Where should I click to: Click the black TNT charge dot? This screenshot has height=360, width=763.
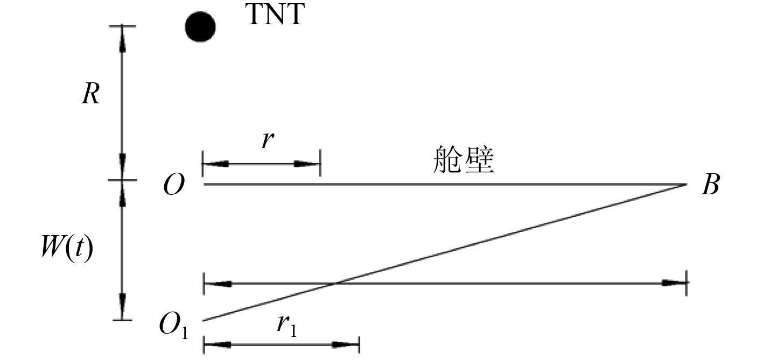[x=200, y=27]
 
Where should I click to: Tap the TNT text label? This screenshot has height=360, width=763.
[x=275, y=16]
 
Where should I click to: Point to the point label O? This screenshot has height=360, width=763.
[x=173, y=186]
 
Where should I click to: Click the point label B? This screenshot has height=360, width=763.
[x=709, y=186]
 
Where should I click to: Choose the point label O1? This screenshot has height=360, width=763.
[x=173, y=325]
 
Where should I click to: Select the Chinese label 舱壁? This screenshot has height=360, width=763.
[x=464, y=160]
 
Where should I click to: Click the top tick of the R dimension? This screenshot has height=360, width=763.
[x=121, y=25]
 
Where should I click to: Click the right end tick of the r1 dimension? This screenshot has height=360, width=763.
[x=359, y=345]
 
